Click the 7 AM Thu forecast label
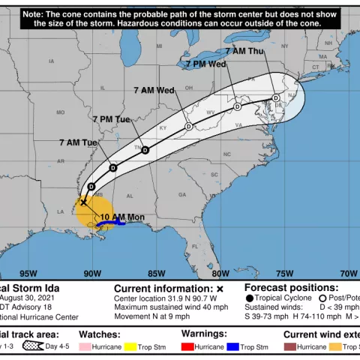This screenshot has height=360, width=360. coord(244,51)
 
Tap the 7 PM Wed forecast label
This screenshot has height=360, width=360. coord(206,64)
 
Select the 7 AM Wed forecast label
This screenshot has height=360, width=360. coord(154,90)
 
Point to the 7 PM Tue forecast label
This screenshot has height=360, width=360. coord(112,119)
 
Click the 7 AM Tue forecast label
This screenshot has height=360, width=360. coord(79,142)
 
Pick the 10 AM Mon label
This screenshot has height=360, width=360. coord(122,217)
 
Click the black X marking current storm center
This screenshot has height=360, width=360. coord(83,202)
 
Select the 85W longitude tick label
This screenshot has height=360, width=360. coord(157,273)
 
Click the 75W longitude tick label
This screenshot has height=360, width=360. coord(285,273)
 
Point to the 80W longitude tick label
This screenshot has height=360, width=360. coord(221,273)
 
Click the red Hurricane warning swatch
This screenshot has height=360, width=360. coord(188,347)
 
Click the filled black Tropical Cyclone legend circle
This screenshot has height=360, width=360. coord(249,298)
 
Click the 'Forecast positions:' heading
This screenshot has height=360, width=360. coord(291,287)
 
